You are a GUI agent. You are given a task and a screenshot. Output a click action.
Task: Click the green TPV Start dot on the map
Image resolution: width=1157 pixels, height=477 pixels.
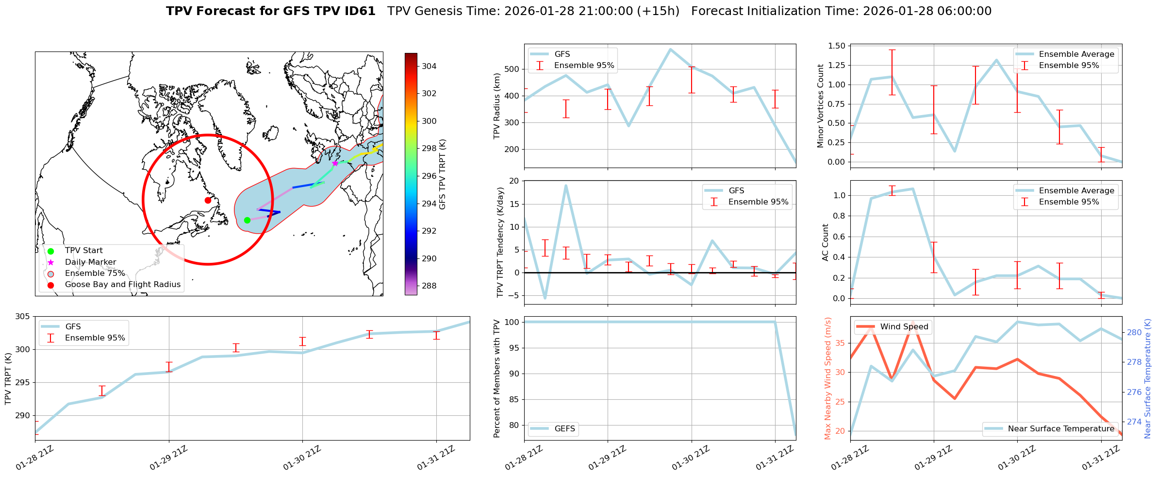coord(247,220)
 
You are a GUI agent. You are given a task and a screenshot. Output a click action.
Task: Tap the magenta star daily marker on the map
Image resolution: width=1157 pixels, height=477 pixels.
coord(335,163)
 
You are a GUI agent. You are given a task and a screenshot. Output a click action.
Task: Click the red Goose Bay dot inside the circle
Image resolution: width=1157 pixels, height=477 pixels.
coord(208,200)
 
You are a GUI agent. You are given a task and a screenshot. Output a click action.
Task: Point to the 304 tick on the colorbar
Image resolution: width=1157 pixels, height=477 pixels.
coord(429,66)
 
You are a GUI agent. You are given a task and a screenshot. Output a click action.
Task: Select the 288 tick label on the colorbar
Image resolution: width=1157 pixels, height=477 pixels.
coord(429,286)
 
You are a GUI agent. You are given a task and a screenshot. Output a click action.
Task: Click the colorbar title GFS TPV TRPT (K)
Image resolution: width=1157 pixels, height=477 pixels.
coord(442,174)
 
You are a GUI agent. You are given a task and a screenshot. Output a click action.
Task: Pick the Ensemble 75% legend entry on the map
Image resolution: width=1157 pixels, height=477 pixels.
coord(95,273)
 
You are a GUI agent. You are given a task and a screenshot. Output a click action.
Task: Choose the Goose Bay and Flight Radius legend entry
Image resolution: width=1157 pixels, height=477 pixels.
coord(122,285)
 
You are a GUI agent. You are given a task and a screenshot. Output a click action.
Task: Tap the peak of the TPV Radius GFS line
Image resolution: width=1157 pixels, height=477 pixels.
coord(670,49)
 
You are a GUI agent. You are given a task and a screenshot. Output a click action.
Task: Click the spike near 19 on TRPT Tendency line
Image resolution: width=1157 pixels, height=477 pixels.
coord(566,185)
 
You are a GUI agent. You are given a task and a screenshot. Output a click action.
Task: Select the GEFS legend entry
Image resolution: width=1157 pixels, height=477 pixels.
coord(564,429)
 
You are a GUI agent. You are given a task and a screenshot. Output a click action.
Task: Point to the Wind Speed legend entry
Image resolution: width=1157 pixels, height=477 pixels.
coord(904,327)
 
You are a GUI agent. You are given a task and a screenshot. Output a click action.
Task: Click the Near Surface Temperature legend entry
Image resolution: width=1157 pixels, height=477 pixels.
coord(1060,429)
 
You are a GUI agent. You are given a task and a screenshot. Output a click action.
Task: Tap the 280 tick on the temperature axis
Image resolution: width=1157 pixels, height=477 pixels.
coord(1134,333)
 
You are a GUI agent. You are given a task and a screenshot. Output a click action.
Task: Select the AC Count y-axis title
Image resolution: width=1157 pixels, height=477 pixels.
coord(826,242)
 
